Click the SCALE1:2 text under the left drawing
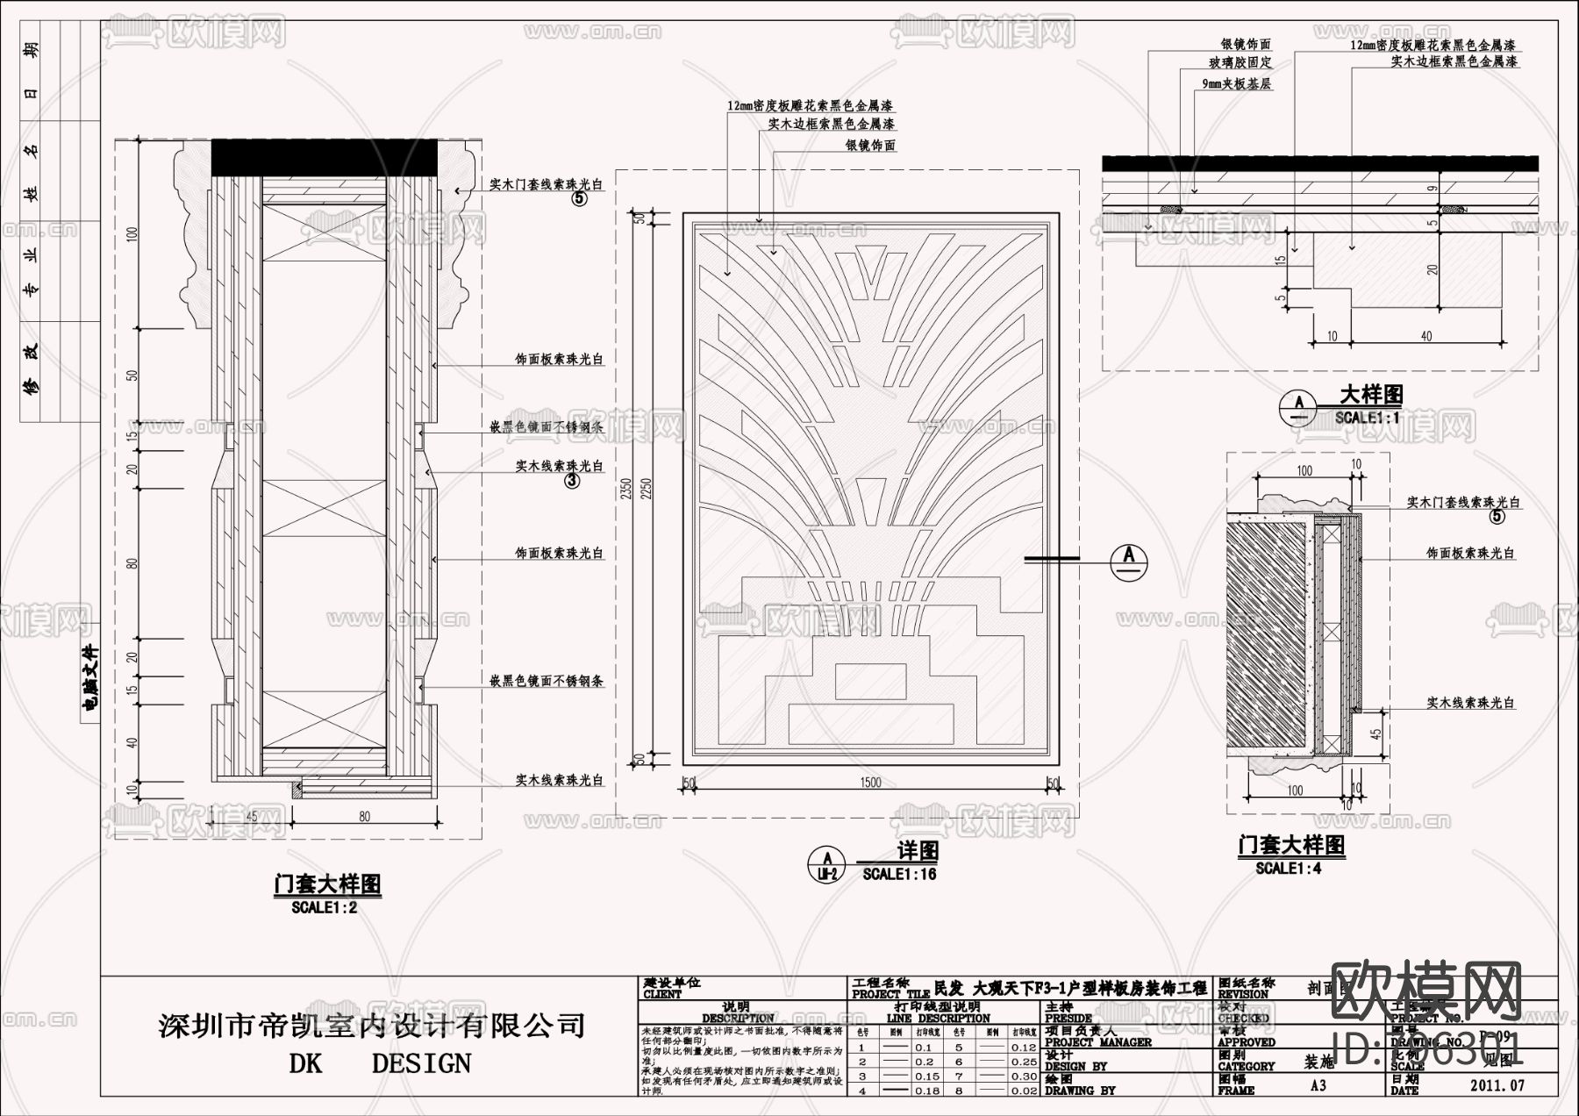pos(324,908)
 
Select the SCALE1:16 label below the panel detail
pos(899,874)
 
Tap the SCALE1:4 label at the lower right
pos(1288,868)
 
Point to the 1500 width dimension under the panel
pos(870,783)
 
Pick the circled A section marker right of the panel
pos(1129,558)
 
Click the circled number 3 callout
pos(572,481)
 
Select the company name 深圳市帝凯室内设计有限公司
pos(372,1024)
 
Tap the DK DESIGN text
pos(379,1063)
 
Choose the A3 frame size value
pos(1318,1085)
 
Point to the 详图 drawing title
pos(918,850)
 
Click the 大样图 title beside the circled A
pos(1370,394)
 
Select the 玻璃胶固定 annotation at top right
pos(1240,62)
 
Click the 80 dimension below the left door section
pos(364,816)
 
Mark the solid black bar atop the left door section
pos(324,157)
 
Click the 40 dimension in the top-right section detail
pos(1425,336)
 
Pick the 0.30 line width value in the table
pos(1022,1076)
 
